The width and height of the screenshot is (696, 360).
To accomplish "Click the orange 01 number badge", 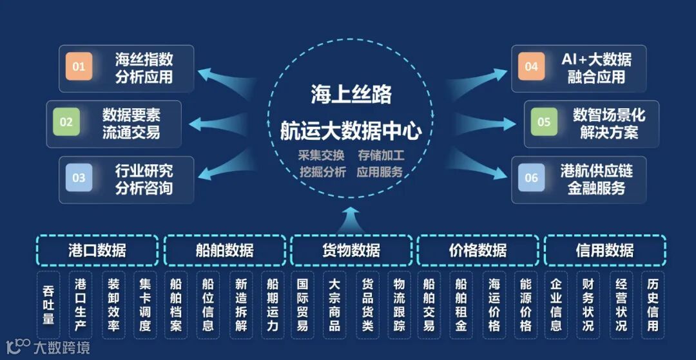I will click(79, 67).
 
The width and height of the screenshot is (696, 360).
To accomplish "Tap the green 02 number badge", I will click(66, 122).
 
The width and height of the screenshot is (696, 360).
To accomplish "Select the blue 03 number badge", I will click(79, 178).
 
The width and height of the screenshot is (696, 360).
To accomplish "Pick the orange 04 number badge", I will click(531, 67).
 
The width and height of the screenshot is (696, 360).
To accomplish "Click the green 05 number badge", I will click(544, 122).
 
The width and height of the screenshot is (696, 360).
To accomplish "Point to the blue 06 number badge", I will click(531, 178).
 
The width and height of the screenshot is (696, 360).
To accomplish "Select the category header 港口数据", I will click(97, 250).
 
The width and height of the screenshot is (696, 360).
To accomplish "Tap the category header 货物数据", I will click(351, 250).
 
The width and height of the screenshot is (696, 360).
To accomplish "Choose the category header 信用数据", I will click(604, 250).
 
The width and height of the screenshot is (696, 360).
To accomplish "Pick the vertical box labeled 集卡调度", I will click(145, 305).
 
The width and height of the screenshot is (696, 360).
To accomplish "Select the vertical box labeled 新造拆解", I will click(240, 305).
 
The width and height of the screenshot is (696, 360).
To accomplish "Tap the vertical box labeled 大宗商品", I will click(335, 305).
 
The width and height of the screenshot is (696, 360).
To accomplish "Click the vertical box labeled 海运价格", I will click(494, 305).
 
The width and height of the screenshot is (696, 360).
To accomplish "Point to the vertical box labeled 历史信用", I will click(653, 305).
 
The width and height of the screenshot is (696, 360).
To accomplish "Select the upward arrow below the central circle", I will click(351, 219).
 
